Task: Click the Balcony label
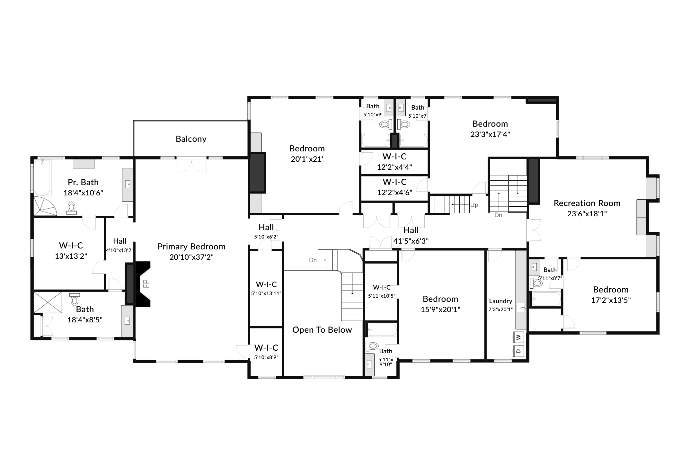pyautogui.click(x=191, y=139)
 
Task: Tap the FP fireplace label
pyautogui.click(x=146, y=283)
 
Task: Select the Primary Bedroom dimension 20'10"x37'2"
pyautogui.click(x=191, y=257)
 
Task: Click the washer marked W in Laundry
pyautogui.click(x=518, y=337)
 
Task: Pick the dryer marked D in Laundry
pyautogui.click(x=518, y=351)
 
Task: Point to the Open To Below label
pyautogui.click(x=322, y=330)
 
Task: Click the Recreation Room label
pyautogui.click(x=587, y=203)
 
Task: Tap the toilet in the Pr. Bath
pyautogui.click(x=71, y=208)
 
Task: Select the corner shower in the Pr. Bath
pyautogui.click(x=45, y=206)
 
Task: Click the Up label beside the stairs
pyautogui.click(x=474, y=205)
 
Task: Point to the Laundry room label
pyautogui.click(x=500, y=301)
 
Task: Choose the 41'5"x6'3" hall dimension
pyautogui.click(x=411, y=241)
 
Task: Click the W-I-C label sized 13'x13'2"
pyautogui.click(x=71, y=246)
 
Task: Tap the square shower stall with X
pyautogui.click(x=48, y=302)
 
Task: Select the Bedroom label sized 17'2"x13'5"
pyautogui.click(x=611, y=290)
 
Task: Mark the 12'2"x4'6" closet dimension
pyautogui.click(x=394, y=193)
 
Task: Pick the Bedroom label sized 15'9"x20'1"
pyautogui.click(x=440, y=299)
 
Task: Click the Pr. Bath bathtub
pyautogui.click(x=42, y=178)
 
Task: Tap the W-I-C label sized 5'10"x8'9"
pyautogui.click(x=266, y=348)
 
